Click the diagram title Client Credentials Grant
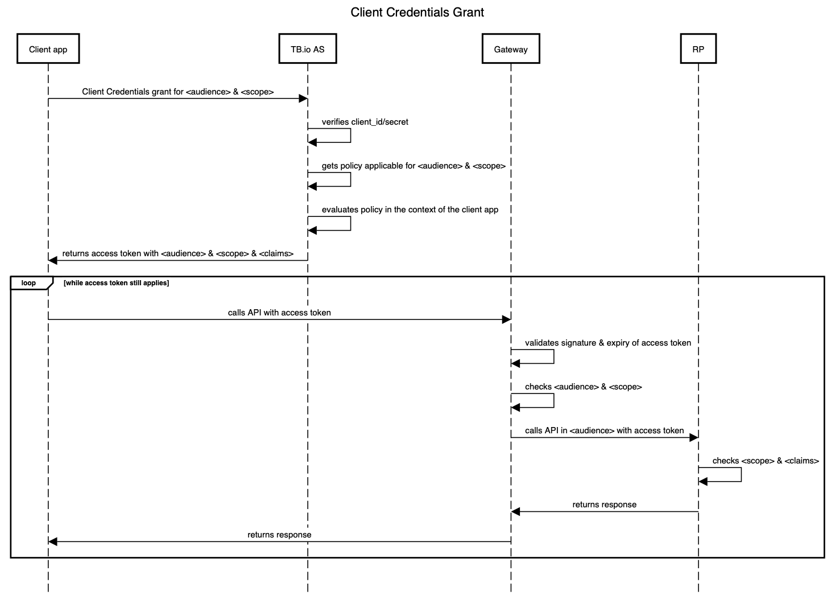[x=417, y=13]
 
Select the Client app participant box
[x=48, y=49]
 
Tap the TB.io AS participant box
[x=307, y=49]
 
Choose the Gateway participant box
[x=510, y=49]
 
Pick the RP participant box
[x=698, y=49]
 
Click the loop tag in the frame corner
[x=29, y=283]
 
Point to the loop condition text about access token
[x=116, y=283]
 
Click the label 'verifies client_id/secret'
[x=365, y=122]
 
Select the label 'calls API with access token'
[x=279, y=313]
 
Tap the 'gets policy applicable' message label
[x=414, y=166]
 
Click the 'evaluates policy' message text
[x=410, y=210]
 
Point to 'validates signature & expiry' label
[x=607, y=343]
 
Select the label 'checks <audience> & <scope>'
[x=583, y=387]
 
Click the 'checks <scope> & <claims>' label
[x=765, y=461]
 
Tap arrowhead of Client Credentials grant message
[x=303, y=99]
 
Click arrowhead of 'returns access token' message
[x=53, y=260]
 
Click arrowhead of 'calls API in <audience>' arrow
[x=693, y=437]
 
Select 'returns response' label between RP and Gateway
[x=604, y=504]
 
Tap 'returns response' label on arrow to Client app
[x=279, y=535]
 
